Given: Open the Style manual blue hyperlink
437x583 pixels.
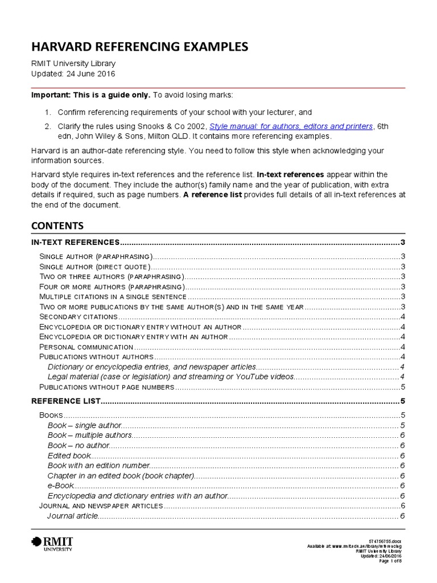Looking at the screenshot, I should [x=291, y=126].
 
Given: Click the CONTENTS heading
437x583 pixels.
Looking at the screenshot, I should [x=57, y=225].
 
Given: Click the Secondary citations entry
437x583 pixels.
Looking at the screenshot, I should [x=78, y=317].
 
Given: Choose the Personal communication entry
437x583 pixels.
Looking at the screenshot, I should [x=85, y=347].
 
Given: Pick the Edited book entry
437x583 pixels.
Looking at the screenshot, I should [x=69, y=455].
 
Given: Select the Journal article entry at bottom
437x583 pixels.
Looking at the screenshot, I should [x=73, y=516].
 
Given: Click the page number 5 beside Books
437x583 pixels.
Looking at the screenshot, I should [x=402, y=416].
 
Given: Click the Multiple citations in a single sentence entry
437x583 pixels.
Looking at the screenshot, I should [x=113, y=297].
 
